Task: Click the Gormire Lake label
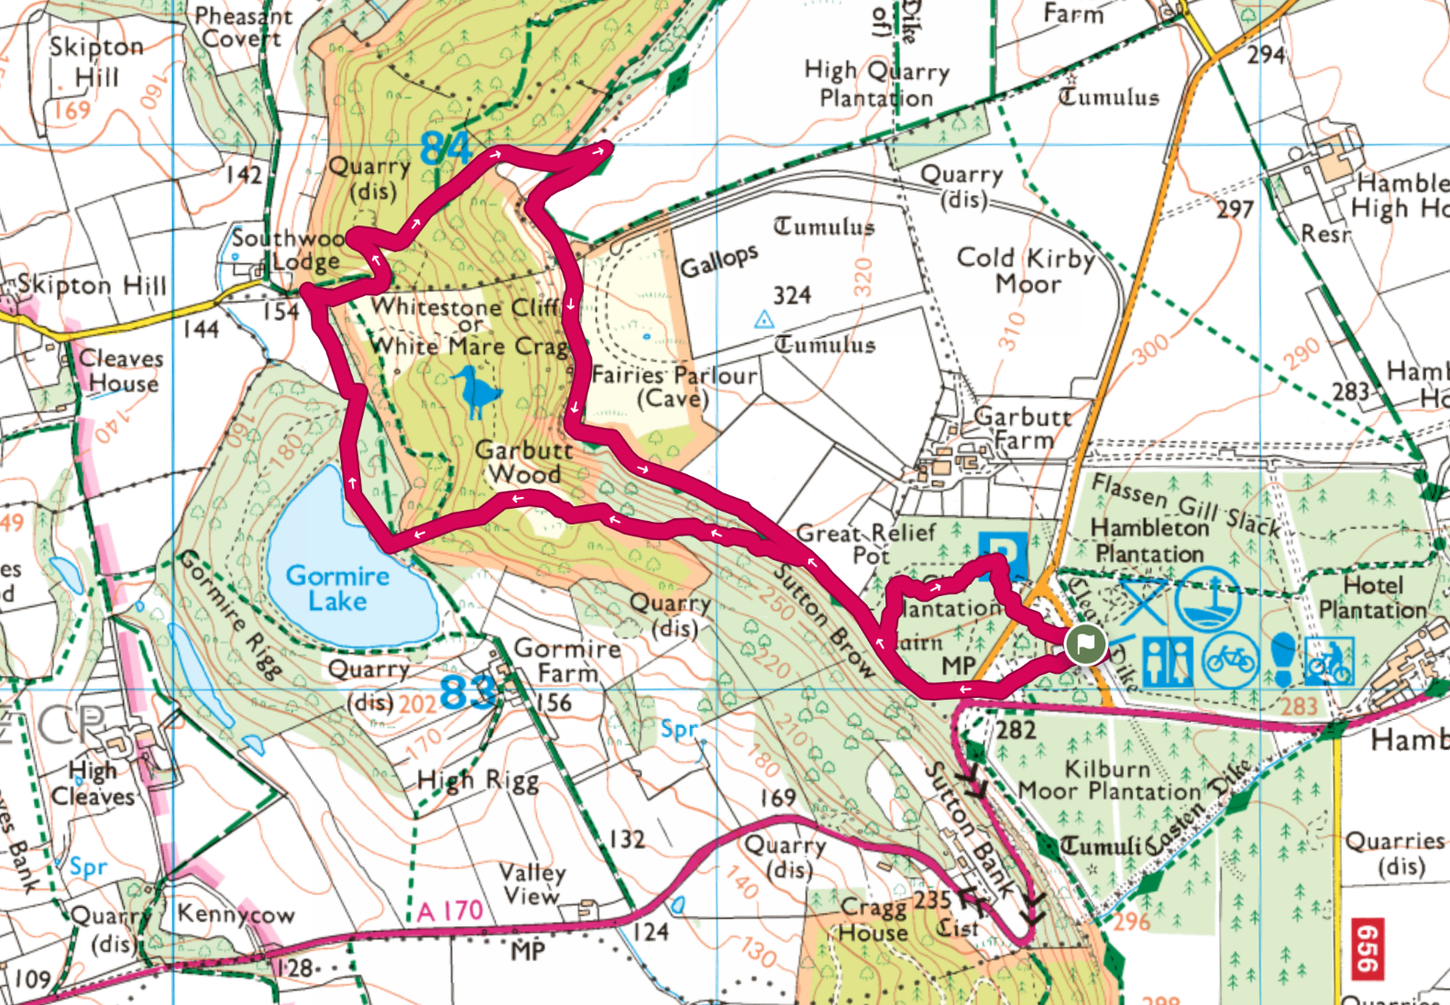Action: (337, 589)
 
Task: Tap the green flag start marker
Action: (1085, 645)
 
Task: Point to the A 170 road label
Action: (449, 911)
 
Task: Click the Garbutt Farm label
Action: (1020, 428)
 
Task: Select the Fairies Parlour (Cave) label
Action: (674, 386)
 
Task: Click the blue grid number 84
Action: (445, 149)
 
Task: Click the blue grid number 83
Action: (467, 693)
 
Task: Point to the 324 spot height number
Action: (792, 295)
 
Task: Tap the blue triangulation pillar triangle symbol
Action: (763, 320)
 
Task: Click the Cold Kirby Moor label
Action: (1026, 271)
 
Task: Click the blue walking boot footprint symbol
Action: (1282, 659)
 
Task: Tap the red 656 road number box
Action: (1367, 950)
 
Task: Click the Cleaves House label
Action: (121, 370)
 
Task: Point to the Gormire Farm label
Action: (567, 660)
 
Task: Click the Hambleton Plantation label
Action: (1149, 541)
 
